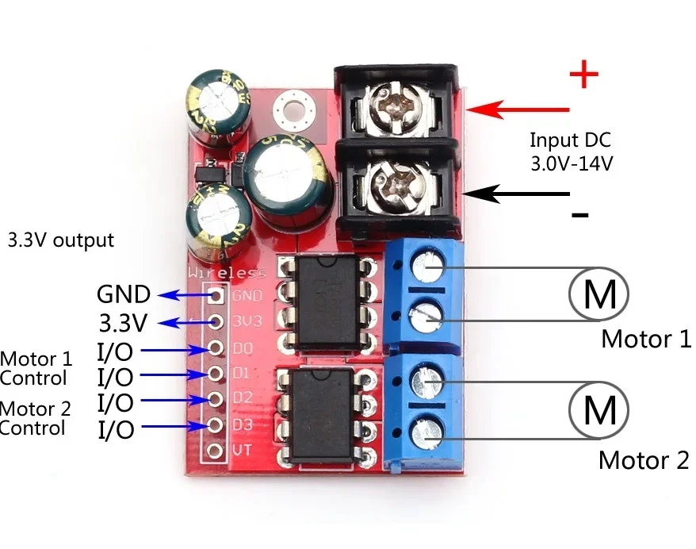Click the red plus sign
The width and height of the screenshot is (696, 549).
583,75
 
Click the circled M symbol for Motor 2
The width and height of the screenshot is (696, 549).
598,411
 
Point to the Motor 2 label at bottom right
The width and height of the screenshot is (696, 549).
644,460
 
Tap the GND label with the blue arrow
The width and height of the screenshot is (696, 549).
123,295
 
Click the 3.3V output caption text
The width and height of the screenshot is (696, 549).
60,240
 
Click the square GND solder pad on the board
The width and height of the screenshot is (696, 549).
215,296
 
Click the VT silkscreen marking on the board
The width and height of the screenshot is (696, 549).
243,451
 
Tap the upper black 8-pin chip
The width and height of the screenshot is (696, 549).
323,303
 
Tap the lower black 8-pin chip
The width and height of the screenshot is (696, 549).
323,416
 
